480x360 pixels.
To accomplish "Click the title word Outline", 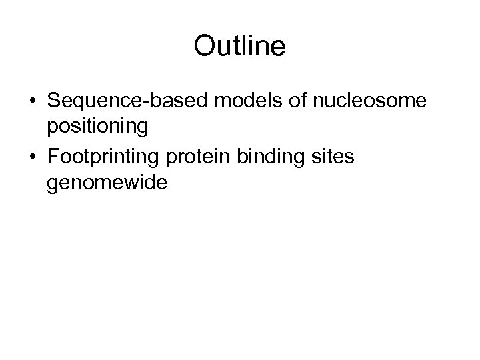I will coord(239,46).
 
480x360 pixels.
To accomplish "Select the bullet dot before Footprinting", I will coord(32,157).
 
